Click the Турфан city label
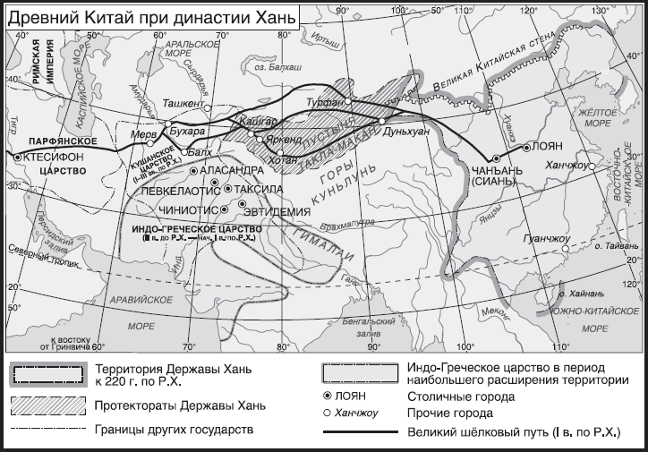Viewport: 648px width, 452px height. click(320, 104)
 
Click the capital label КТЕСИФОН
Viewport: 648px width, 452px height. click(56, 156)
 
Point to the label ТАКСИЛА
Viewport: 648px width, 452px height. click(260, 190)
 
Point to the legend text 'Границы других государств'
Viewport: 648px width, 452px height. click(173, 430)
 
